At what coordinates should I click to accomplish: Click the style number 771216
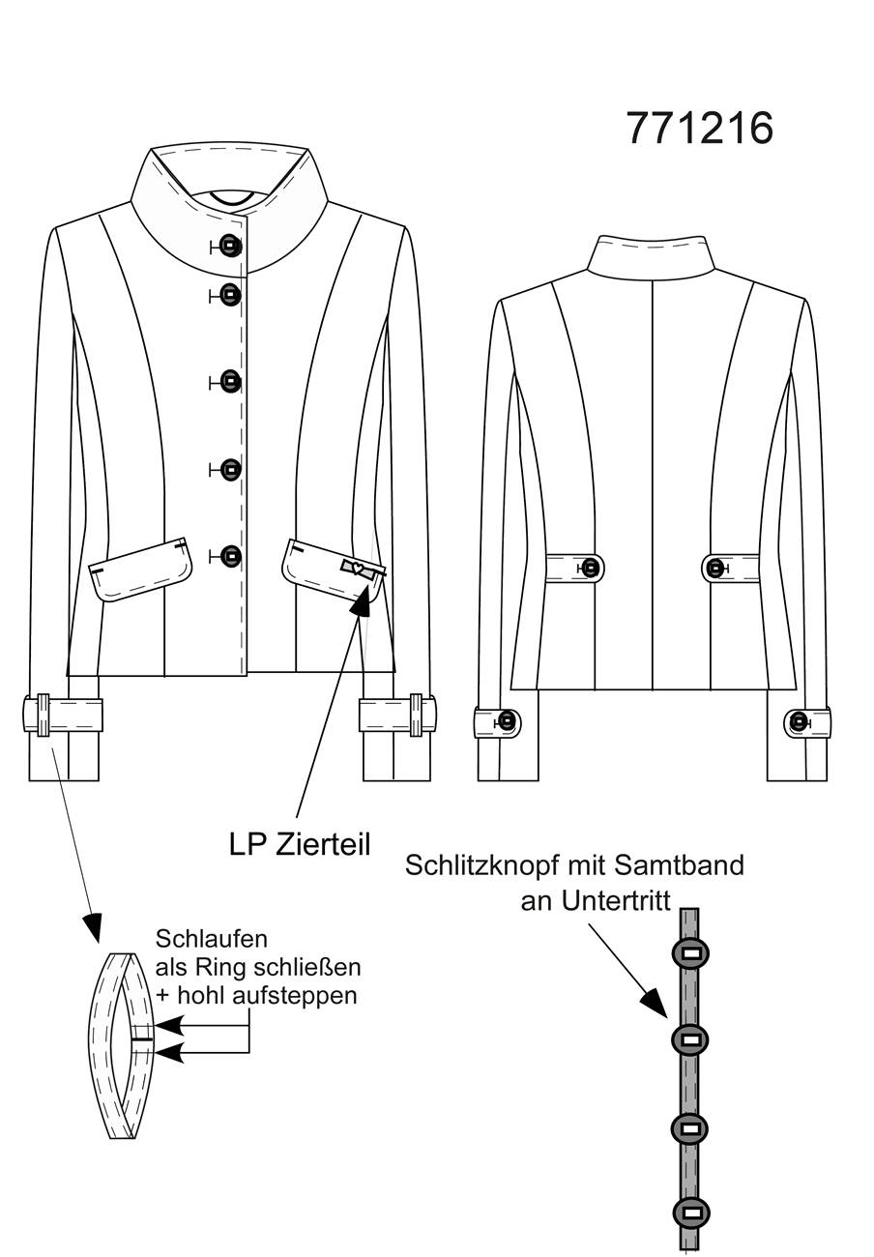point(699,129)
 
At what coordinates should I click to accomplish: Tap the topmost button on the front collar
point(230,246)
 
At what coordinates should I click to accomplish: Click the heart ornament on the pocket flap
point(356,569)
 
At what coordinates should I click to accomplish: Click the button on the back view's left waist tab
point(589,569)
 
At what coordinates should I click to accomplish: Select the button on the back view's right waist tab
point(715,569)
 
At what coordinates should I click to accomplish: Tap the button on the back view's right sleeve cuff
point(800,720)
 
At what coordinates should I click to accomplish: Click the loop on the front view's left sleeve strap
point(44,715)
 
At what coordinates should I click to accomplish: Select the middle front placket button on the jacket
point(230,382)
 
